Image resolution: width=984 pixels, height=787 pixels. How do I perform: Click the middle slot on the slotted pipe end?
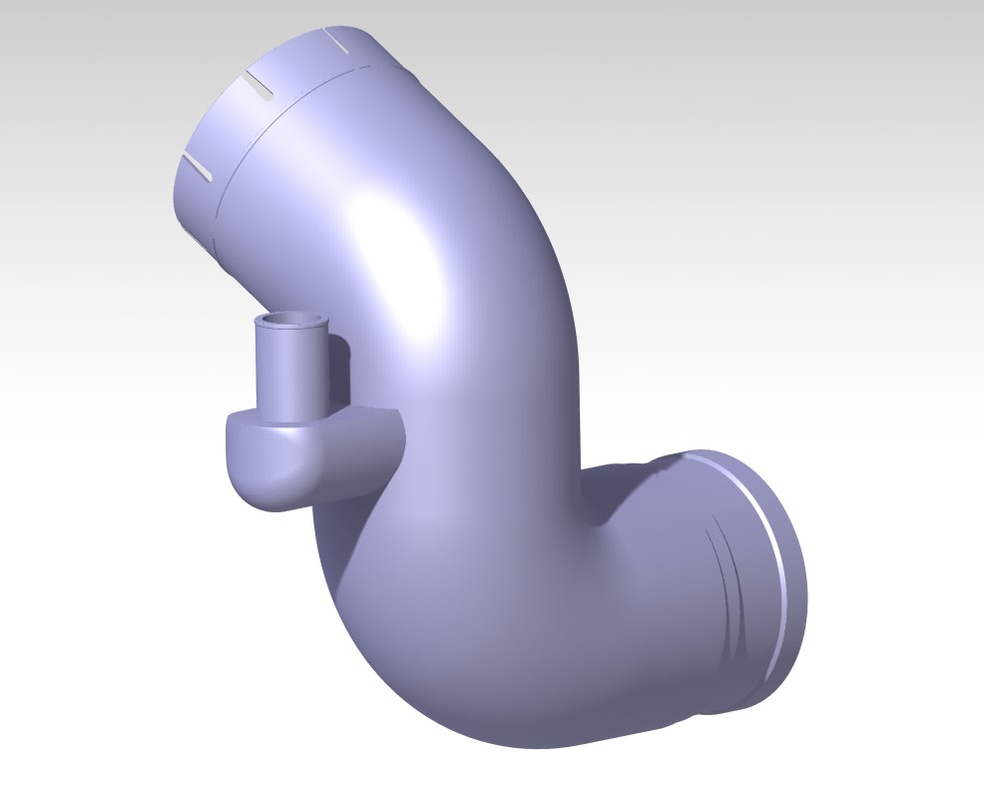(256, 86)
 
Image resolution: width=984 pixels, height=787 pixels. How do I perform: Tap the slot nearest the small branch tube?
(196, 167)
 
